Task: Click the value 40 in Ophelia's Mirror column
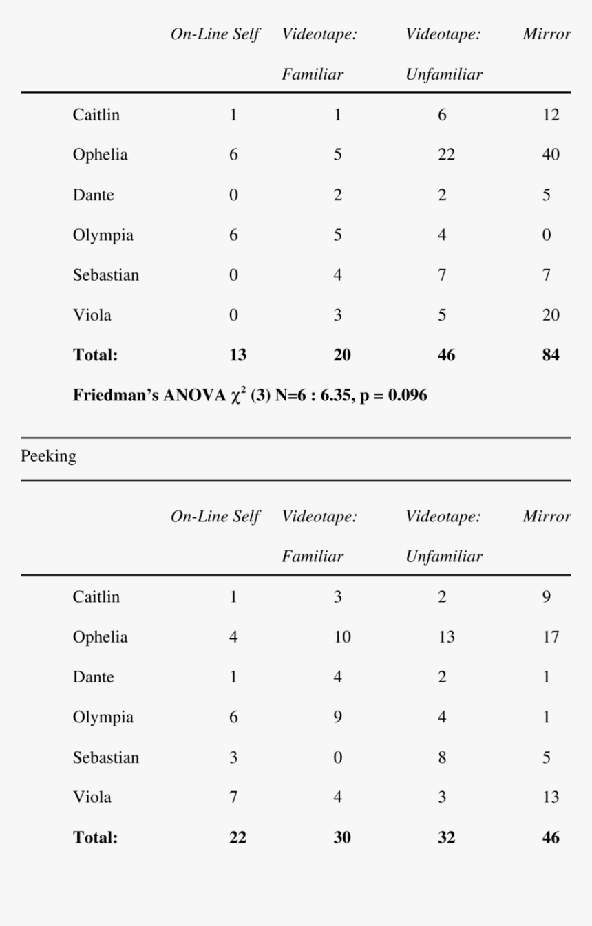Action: [x=550, y=155]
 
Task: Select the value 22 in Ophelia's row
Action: [x=446, y=155]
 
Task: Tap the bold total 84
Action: [x=550, y=356]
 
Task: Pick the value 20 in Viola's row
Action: [x=550, y=316]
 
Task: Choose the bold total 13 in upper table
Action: [x=237, y=356]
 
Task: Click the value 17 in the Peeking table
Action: [x=550, y=637]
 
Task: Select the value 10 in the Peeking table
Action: [x=342, y=637]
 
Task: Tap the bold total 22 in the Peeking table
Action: [x=237, y=838]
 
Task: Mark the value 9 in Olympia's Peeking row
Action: [x=337, y=718]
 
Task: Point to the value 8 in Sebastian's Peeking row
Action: [x=442, y=757]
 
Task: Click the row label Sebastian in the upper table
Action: [x=106, y=276]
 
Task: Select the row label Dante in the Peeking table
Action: [x=94, y=677]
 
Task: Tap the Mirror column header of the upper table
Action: [x=547, y=35]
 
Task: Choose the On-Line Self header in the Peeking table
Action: [x=215, y=517]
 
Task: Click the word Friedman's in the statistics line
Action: [x=114, y=396]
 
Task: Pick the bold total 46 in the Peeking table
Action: [x=550, y=838]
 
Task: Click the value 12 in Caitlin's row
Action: [x=550, y=115]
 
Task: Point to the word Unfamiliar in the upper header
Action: [x=444, y=75]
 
